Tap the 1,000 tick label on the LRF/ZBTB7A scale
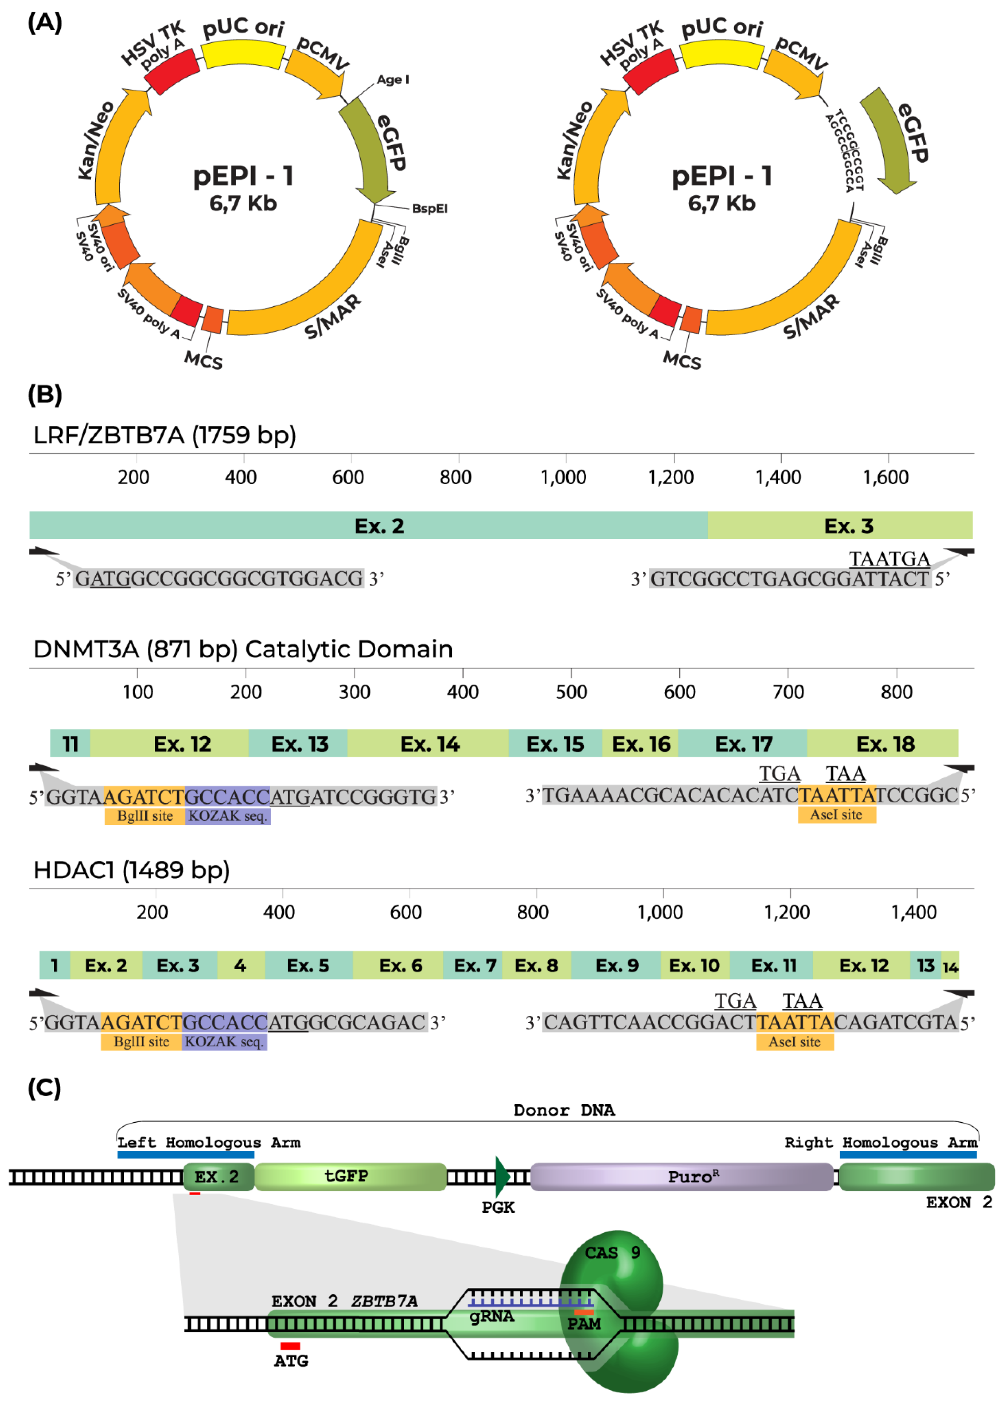point(563,478)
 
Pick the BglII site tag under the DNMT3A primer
point(145,816)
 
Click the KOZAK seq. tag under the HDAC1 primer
point(224,1042)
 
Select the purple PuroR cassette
point(681,1176)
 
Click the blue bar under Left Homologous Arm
point(186,1155)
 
